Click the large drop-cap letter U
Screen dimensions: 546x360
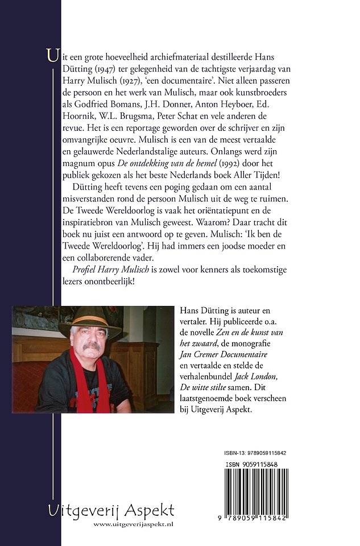click(53, 57)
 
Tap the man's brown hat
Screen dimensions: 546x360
click(89, 325)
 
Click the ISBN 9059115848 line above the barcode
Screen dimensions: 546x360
click(255, 464)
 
